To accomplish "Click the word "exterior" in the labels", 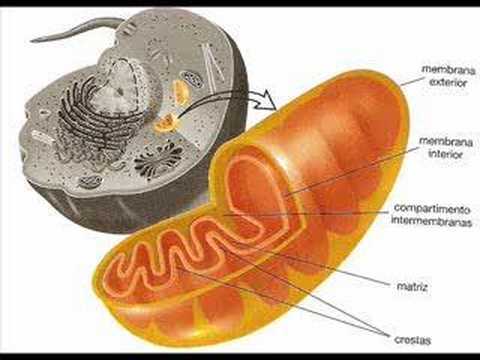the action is click(448, 82).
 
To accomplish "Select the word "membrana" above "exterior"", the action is click(449, 70).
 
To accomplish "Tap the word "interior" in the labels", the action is click(446, 154).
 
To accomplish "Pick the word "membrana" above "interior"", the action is click(446, 142).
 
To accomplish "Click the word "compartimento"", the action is click(432, 209).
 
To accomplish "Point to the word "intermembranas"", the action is click(432, 221).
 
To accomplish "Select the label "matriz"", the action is click(412, 286).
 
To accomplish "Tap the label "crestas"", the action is click(413, 340).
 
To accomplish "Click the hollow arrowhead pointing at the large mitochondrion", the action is click(265, 100).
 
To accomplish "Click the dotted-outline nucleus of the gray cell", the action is click(122, 87).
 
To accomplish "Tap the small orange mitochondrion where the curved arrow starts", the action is click(166, 122).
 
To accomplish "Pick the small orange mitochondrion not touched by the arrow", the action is click(181, 92).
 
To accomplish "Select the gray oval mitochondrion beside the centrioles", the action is click(193, 79).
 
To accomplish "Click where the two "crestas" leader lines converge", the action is click(389, 335).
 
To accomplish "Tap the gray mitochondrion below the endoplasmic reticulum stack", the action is click(90, 181).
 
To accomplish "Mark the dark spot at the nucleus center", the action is click(119, 92).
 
